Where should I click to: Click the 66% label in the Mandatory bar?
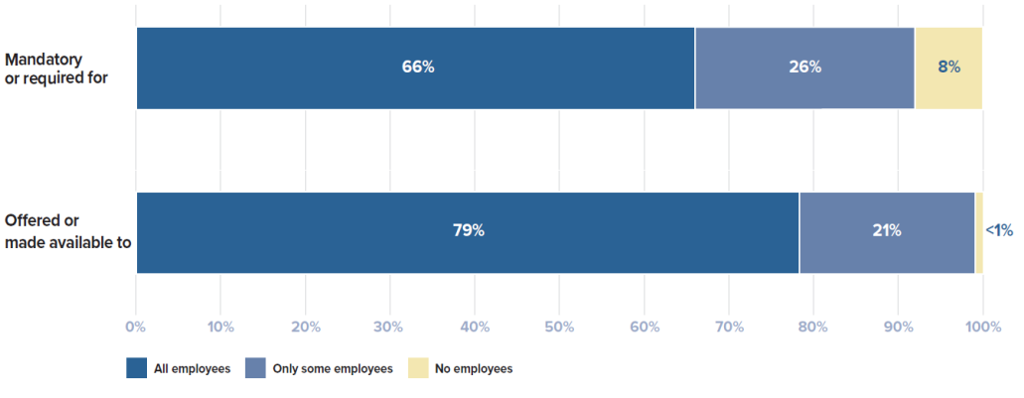(x=418, y=67)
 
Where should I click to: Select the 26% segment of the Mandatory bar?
(x=805, y=67)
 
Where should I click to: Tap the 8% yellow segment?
(x=949, y=67)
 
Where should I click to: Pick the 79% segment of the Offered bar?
(x=468, y=231)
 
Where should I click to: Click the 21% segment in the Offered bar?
(x=887, y=231)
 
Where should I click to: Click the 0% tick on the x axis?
(x=136, y=326)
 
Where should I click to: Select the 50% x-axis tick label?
(x=560, y=326)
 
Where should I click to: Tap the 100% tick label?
(x=982, y=326)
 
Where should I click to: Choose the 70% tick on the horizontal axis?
(x=729, y=326)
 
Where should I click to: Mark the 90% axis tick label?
(x=898, y=326)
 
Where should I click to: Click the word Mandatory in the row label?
(x=44, y=58)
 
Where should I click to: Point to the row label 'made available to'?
(x=69, y=241)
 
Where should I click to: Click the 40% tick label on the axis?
(x=475, y=326)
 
